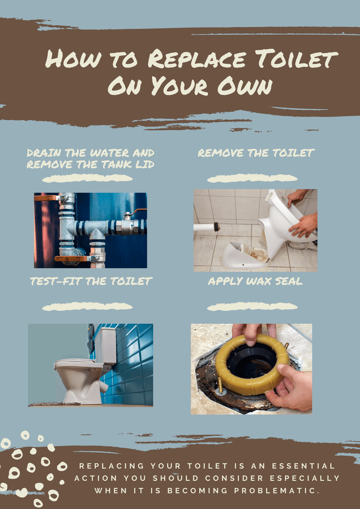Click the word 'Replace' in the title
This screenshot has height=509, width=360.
197,60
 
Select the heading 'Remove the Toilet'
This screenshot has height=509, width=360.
256,153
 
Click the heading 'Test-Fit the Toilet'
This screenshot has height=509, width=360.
91,281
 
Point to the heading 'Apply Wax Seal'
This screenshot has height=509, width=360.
255,281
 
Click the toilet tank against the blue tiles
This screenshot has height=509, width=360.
105,345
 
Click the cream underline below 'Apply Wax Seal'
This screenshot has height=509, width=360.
252,307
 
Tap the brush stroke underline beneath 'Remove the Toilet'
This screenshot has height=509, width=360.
252,179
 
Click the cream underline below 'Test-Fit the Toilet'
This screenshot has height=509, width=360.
87,307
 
